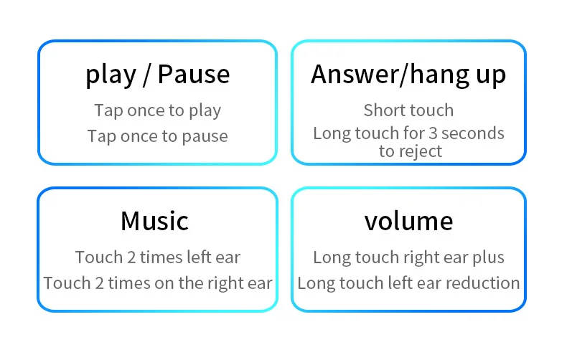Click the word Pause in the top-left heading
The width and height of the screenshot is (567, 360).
click(x=194, y=75)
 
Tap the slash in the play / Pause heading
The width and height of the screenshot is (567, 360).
click(x=146, y=75)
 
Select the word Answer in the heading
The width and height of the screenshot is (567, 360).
click(x=355, y=75)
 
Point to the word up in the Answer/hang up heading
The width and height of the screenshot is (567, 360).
click(x=491, y=76)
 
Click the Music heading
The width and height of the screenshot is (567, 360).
click(x=155, y=221)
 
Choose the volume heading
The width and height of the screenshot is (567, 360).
click(x=408, y=221)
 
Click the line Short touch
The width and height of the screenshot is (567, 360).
click(x=408, y=110)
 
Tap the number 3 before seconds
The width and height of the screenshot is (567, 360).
click(x=433, y=133)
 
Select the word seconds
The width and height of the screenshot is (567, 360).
click(x=473, y=133)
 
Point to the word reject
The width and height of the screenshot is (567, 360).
click(x=421, y=152)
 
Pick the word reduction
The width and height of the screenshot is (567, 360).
click(x=482, y=283)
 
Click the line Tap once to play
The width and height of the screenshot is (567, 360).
click(x=158, y=110)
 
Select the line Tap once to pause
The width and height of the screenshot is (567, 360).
click(x=158, y=137)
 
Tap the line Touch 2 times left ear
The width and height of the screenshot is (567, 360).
click(x=158, y=257)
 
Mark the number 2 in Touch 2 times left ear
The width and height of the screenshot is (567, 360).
click(x=131, y=257)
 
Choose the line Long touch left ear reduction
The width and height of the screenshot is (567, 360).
click(x=408, y=283)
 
